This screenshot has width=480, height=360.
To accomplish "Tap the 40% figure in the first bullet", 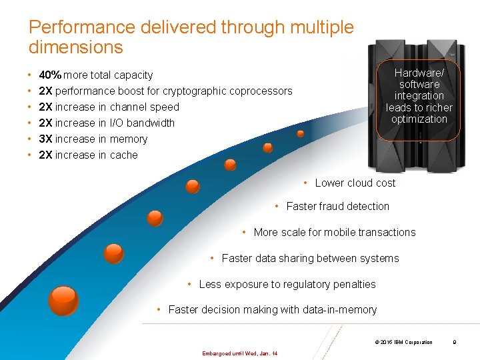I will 50,75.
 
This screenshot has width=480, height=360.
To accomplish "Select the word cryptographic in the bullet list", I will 195,91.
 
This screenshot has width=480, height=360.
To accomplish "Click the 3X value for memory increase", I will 46,139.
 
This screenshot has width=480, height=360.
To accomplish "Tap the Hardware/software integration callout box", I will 419,96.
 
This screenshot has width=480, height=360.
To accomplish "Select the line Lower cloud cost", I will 355,183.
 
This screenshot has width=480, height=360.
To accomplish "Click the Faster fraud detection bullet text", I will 337,206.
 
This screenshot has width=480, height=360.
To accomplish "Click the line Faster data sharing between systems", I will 310,258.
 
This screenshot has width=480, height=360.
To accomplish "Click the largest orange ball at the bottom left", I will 64,299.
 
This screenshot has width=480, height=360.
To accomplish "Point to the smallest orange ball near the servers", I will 301,133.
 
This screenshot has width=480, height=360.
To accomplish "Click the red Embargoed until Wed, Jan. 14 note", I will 239,353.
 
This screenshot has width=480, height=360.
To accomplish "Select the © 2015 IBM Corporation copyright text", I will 403,342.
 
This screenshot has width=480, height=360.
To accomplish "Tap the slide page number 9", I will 454,342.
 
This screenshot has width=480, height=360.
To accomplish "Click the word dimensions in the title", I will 76,47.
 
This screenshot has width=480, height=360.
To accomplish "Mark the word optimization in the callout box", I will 419,119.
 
